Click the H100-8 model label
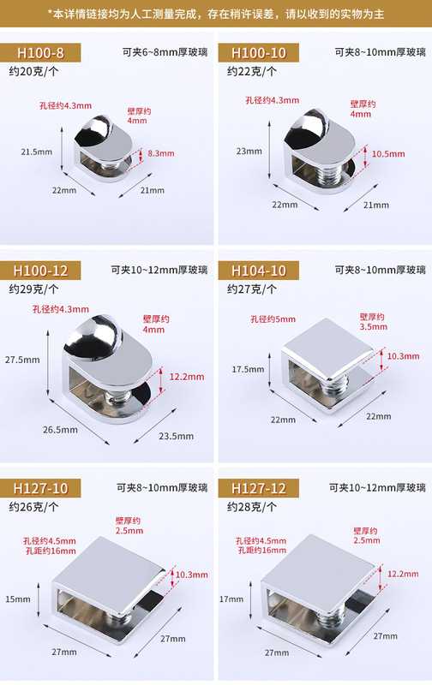coord(47,53)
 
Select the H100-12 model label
coord(49,271)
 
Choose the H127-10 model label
coord(49,488)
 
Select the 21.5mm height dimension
coord(36,152)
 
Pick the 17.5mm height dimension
coord(249,369)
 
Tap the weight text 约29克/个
coord(33,289)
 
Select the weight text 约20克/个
coord(33,71)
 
